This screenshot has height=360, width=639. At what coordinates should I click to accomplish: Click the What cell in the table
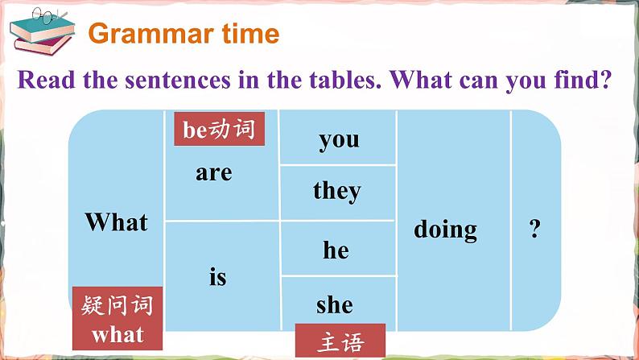pyautogui.click(x=117, y=222)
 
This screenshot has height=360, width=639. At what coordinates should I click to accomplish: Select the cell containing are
pyautogui.click(x=213, y=172)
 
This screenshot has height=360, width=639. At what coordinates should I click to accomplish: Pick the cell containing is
pyautogui.click(x=217, y=278)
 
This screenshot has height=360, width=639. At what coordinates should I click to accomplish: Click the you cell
pyautogui.click(x=339, y=139)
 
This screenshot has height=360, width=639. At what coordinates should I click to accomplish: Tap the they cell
pyautogui.click(x=337, y=191)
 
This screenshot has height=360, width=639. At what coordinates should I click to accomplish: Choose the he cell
pyautogui.click(x=336, y=250)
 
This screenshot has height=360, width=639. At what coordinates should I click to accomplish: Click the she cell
pyautogui.click(x=335, y=304)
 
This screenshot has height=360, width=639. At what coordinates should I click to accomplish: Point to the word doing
pyautogui.click(x=445, y=230)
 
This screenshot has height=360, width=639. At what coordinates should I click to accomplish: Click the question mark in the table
pyautogui.click(x=534, y=230)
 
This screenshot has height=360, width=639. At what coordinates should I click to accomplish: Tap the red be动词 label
pyautogui.click(x=219, y=129)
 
